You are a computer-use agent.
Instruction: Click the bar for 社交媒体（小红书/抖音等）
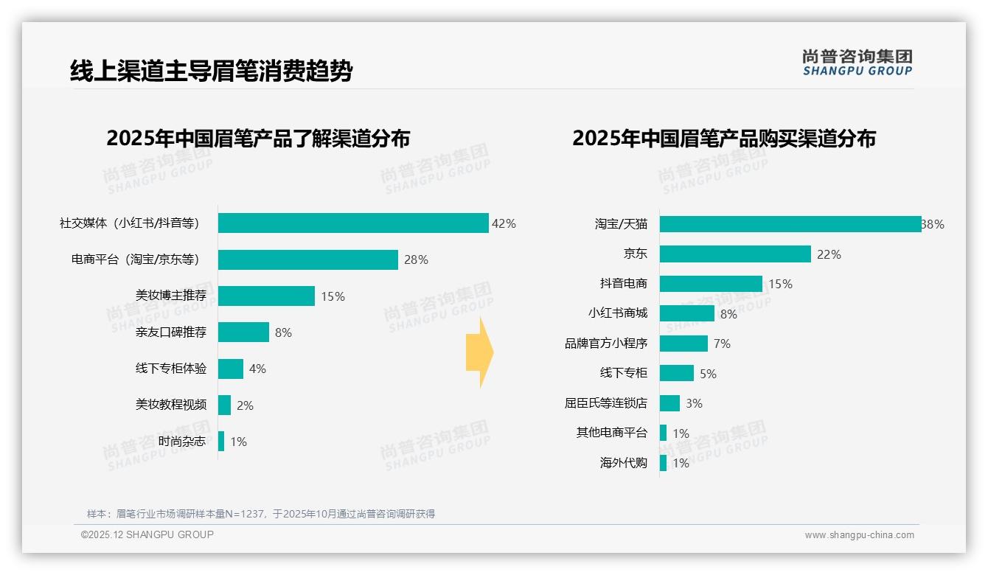coord(353,223)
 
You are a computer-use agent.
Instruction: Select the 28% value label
coord(416,259)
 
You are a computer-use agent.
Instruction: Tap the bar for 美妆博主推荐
coord(266,296)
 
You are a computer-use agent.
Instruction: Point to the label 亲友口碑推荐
coord(170,332)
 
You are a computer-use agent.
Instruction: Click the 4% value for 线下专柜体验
coord(257,369)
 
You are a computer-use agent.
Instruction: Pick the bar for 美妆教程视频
coord(224,405)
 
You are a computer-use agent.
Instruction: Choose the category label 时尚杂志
coord(182,442)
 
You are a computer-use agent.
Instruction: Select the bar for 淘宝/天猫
coord(790,224)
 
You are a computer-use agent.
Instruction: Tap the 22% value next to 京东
coord(829,254)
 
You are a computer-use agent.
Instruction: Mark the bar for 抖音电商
coord(711,284)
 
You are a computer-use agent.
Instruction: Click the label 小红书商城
coord(617,313)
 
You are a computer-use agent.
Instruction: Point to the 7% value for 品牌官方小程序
coord(722,344)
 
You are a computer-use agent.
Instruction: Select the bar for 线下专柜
coord(676,373)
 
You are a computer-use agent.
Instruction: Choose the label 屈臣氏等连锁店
coord(605,403)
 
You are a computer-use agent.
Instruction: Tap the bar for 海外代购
coord(663,463)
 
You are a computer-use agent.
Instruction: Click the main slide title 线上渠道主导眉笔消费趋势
coord(211,72)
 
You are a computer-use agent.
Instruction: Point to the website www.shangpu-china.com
coord(859,535)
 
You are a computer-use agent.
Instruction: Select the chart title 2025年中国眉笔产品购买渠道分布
coord(723,139)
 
